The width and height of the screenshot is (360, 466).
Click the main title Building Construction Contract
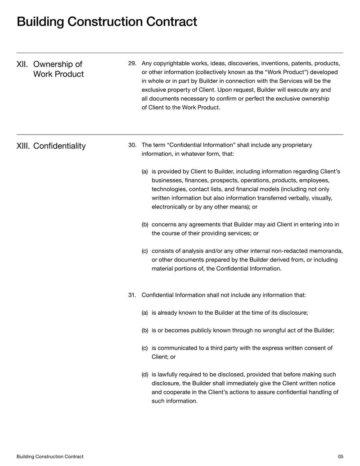tap(107, 22)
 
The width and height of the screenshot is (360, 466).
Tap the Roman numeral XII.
tap(22, 64)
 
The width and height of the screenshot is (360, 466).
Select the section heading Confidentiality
tap(59, 146)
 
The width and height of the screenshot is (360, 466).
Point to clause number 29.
tap(132, 63)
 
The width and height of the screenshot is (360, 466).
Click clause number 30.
tap(132, 145)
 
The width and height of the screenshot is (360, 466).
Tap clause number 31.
tap(132, 295)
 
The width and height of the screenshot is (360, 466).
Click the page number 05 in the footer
tap(340, 457)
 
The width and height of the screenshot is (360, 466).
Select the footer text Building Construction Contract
tap(50, 457)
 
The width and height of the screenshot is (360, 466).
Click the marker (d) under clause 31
tap(145, 375)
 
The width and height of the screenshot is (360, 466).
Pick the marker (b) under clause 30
tap(145, 225)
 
